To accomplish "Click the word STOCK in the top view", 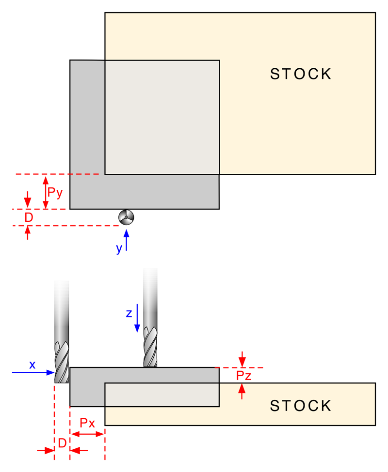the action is tap(301, 74).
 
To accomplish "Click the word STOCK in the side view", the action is tap(301, 406).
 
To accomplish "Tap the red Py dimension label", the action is tap(55, 193).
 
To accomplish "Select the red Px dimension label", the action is tap(87, 423).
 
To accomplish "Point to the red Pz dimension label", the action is tap(243, 375).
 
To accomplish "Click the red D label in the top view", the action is tap(29, 217).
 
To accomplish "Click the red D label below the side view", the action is tap(62, 443).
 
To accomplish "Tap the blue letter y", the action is tap(119, 249).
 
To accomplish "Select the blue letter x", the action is tap(32, 365).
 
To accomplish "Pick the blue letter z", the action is tap(129, 313).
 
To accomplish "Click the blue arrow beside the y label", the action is tap(126, 240).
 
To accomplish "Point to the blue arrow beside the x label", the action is tap(33, 373).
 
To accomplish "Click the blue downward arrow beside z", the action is tap(137, 318).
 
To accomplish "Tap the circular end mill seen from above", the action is tap(126, 217).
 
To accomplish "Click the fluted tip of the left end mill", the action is tap(62, 363).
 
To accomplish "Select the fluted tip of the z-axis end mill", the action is tap(150, 347).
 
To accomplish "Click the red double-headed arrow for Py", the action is tap(46, 193).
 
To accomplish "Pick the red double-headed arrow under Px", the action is tap(87, 434).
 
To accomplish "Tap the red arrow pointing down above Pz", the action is tap(242, 359).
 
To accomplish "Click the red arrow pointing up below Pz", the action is tap(242, 392).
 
